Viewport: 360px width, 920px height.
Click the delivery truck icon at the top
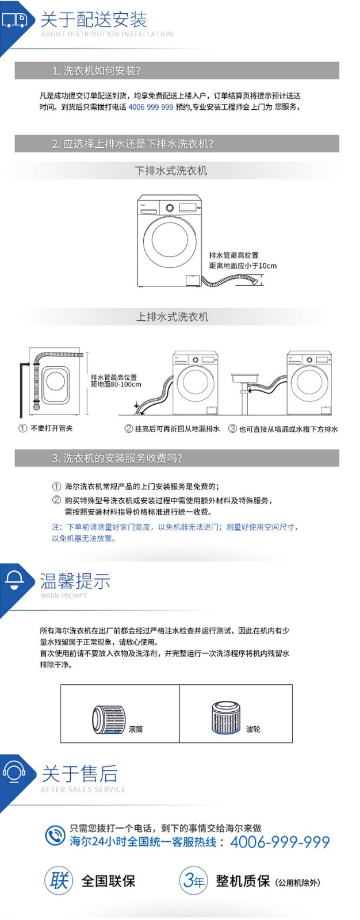point(14,20)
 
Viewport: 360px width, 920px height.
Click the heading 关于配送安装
point(94,20)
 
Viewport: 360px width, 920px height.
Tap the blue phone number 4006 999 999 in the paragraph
point(151,107)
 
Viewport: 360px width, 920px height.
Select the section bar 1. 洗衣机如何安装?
point(177,71)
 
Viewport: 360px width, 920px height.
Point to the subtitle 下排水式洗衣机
point(171,170)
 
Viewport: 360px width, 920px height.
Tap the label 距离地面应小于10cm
point(243,266)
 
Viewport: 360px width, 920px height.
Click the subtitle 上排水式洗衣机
point(172,317)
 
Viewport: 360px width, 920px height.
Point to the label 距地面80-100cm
point(116,385)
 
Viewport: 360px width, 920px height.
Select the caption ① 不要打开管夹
point(46,428)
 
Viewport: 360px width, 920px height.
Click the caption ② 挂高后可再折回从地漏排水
point(172,429)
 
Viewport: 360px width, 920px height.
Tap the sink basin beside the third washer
point(246,377)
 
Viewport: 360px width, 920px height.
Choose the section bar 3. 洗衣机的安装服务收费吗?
point(177,458)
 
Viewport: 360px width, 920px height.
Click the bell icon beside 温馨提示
point(14,580)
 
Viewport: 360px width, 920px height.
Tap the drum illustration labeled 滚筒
point(108,719)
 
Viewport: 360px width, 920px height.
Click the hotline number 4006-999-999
point(280,842)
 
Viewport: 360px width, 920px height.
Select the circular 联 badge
point(59,880)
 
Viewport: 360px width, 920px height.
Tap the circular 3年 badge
point(194,880)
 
